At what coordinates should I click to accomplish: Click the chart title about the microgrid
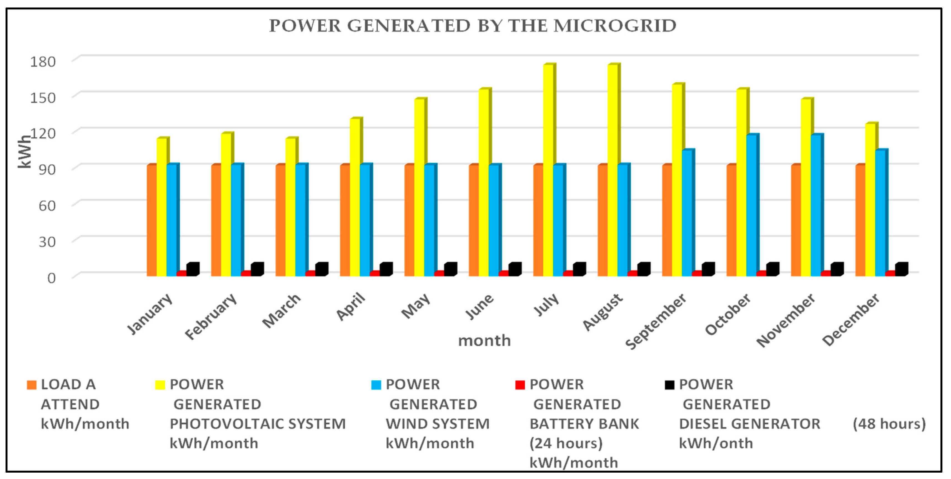pos(473,26)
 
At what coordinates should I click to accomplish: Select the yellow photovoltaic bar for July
pos(548,170)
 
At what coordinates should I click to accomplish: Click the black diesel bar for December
pos(901,270)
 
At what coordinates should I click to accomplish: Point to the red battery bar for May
pos(439,274)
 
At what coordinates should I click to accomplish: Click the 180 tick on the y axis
pos(42,62)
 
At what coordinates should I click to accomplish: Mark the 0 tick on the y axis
pos(51,278)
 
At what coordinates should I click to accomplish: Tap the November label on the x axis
pos(786,320)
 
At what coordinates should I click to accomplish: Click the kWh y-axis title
pos(24,151)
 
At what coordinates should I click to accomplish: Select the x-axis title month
pos(484,340)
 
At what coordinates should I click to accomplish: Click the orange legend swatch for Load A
pos(32,385)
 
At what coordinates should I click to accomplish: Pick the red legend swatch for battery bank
pos(520,385)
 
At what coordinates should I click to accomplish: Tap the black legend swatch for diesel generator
pos(669,385)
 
